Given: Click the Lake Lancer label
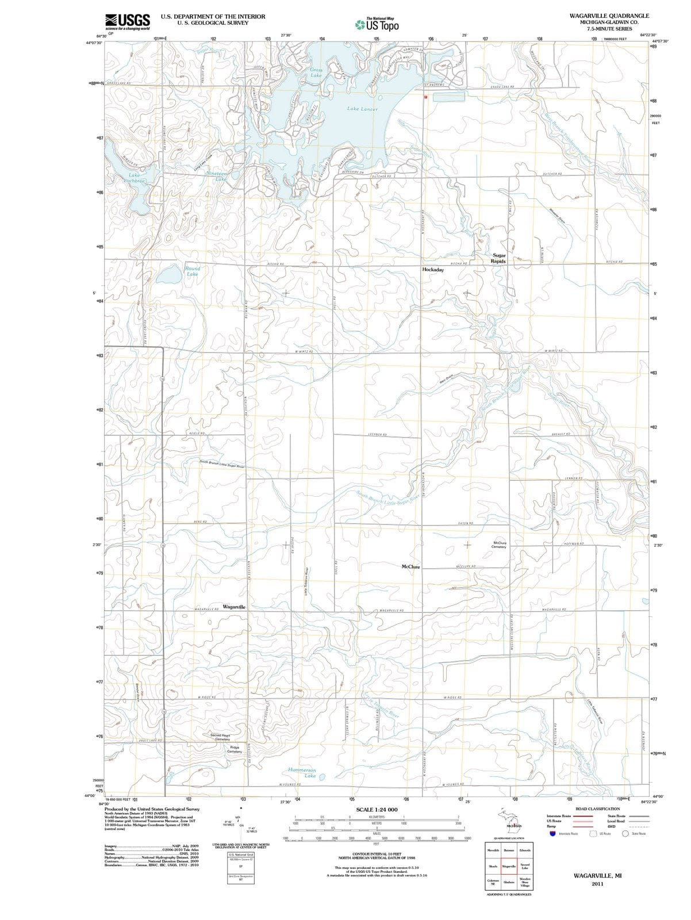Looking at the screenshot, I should coord(362,109).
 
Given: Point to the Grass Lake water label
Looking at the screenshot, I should coord(316,72).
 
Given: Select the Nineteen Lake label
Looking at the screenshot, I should coord(217,177).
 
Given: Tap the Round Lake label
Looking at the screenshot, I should coord(193,271).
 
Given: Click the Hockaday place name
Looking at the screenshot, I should coord(433,270).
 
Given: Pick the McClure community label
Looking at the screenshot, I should coord(410,567).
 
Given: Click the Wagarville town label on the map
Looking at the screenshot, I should coord(234,607).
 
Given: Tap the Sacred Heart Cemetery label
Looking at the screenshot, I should coord(220,737).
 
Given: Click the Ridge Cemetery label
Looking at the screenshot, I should coord(235,750).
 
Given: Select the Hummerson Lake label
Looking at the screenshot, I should coord(302,773).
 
